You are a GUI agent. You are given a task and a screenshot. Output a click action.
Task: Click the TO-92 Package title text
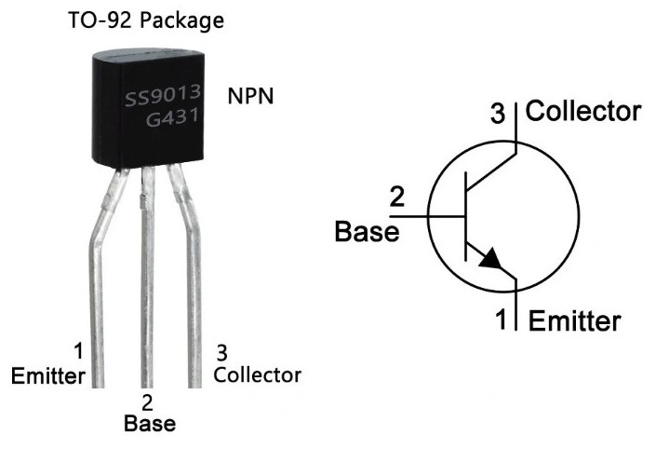(145, 20)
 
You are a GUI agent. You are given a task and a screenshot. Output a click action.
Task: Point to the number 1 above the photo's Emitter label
(78, 351)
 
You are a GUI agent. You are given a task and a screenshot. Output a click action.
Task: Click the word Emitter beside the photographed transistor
(48, 375)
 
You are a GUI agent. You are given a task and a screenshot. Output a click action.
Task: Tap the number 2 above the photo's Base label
(147, 403)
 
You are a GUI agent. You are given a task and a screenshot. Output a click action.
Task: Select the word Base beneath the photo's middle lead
(148, 424)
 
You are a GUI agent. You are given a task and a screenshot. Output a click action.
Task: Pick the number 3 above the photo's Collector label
(221, 352)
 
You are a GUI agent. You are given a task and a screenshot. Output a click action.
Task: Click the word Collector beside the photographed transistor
(257, 374)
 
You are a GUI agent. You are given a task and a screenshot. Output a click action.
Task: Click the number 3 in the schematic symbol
(498, 116)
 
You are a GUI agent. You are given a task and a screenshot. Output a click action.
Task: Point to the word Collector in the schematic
(583, 112)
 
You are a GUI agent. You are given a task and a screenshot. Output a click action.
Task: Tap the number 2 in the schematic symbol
(396, 197)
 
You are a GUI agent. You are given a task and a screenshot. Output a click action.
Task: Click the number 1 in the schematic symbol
(500, 320)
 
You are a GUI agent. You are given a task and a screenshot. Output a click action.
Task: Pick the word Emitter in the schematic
(574, 321)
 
